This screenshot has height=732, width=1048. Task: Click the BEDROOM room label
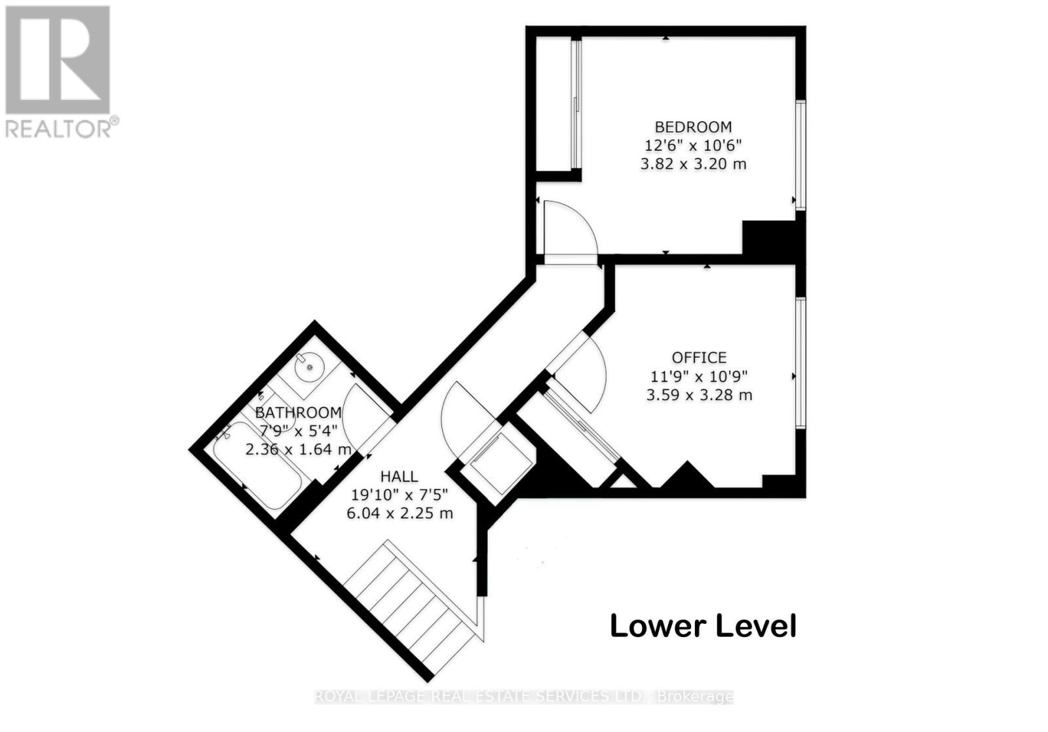tap(693, 126)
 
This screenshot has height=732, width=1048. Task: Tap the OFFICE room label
tap(699, 357)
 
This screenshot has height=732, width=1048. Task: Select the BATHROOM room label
tap(298, 413)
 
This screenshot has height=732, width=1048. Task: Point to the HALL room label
tap(399, 476)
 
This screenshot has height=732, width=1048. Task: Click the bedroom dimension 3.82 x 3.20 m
tap(693, 164)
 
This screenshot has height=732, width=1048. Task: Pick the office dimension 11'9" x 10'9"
tap(699, 376)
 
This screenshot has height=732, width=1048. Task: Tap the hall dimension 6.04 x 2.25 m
tap(400, 513)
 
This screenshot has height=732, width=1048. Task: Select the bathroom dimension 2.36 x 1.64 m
tap(299, 450)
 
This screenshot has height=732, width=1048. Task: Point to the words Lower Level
tap(703, 626)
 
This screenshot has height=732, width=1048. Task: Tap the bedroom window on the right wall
tap(800, 155)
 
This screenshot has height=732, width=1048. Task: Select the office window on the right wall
tap(800, 362)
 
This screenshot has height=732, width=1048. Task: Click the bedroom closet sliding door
tap(575, 105)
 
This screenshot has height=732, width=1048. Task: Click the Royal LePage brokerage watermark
tap(523, 697)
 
